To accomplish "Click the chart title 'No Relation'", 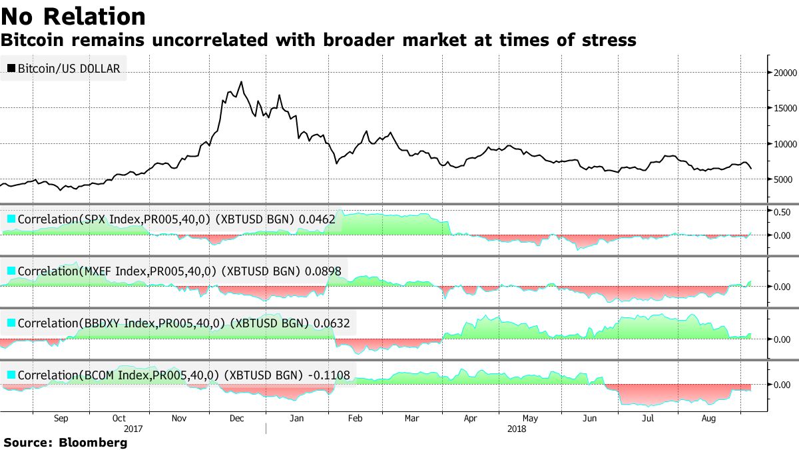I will [73, 16].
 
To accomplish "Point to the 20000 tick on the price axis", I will [784, 72].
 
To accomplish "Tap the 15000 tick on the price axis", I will [784, 108].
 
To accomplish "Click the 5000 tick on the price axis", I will [783, 179].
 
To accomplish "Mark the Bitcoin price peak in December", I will [241, 83].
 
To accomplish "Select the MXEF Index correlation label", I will [177, 271].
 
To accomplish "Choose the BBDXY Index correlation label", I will [179, 324].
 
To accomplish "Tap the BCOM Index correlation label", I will [179, 375].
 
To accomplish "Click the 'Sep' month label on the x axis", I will [60, 419].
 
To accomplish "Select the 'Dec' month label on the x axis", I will [236, 419].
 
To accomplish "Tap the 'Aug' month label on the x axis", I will [709, 419].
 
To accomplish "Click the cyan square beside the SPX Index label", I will [11, 219].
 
